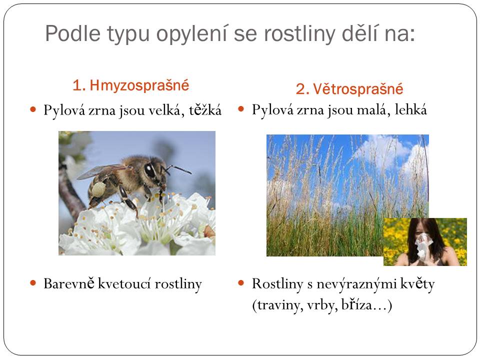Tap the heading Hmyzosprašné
[x=139, y=85]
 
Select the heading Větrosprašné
[x=358, y=89]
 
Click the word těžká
[x=205, y=110]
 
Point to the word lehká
[x=410, y=109]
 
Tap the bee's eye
[x=150, y=170]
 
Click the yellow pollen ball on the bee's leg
[x=98, y=189]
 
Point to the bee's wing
[x=100, y=171]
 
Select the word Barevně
[x=69, y=283]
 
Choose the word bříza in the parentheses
[x=356, y=305]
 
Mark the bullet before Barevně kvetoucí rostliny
[x=33, y=283]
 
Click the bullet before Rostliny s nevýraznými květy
[x=241, y=283]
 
